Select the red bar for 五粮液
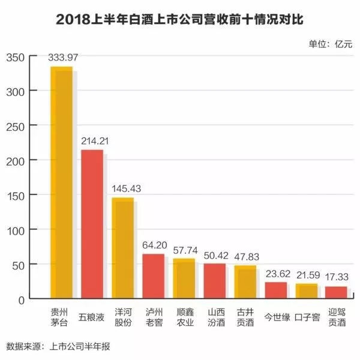(92, 224)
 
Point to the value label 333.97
(63, 58)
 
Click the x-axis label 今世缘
(278, 315)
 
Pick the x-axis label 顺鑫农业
(185, 319)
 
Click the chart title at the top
(180, 19)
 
